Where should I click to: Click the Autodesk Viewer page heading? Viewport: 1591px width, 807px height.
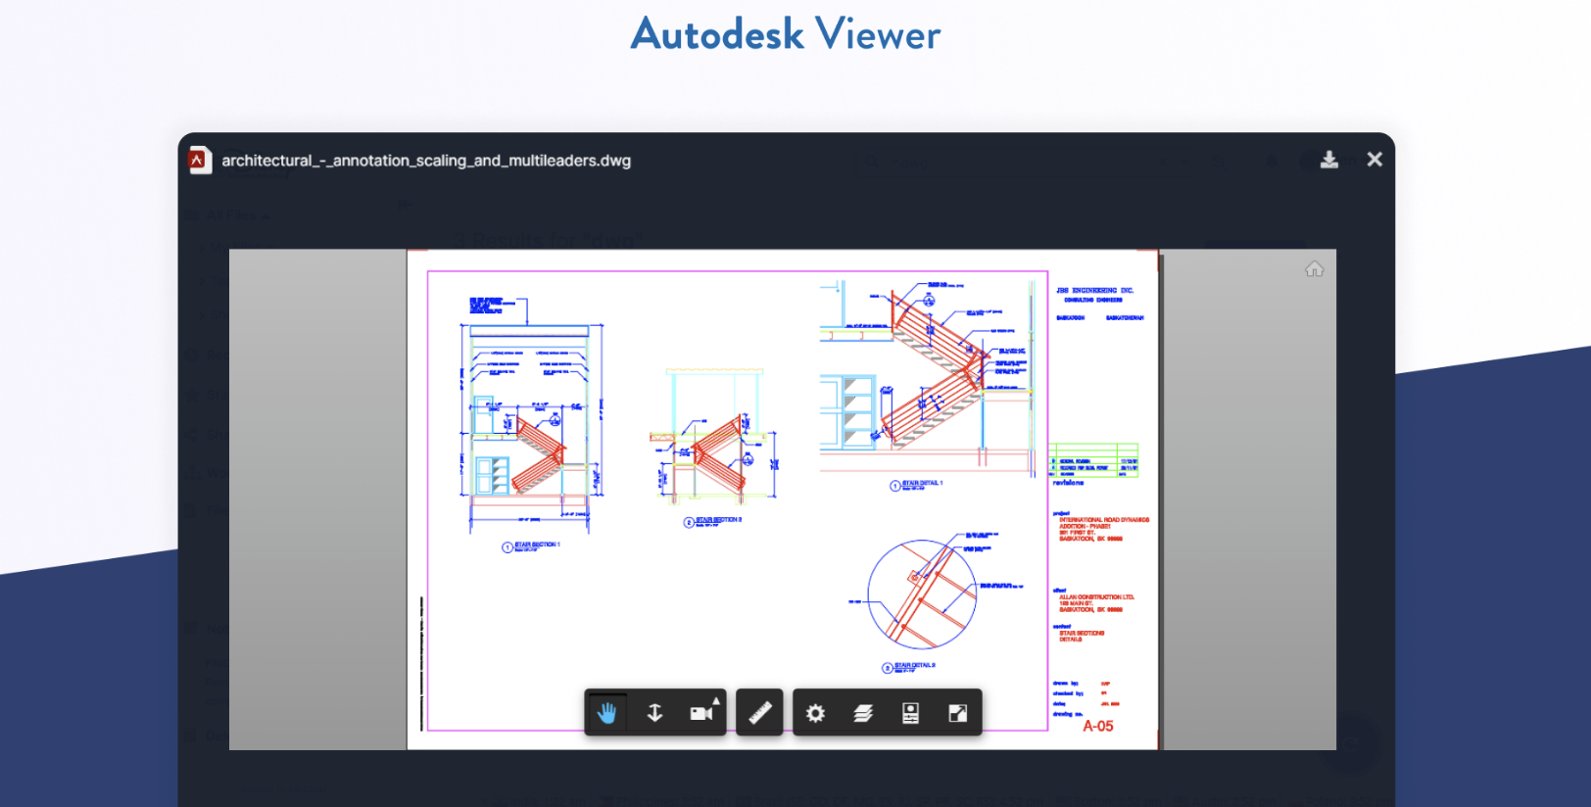(785, 34)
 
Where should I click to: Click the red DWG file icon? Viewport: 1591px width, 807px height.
(200, 160)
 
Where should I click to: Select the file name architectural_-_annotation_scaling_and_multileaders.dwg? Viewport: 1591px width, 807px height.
(426, 161)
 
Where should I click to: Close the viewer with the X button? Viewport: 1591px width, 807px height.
(1374, 160)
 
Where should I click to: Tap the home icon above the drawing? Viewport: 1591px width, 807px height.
(1314, 269)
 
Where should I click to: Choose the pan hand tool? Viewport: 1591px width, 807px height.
(607, 713)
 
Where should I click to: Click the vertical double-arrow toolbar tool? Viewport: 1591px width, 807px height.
(654, 713)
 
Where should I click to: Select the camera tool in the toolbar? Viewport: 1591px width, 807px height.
(702, 713)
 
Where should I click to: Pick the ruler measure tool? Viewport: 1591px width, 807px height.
(760, 713)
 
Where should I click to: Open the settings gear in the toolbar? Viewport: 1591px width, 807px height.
(815, 713)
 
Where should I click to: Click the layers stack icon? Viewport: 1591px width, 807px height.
(863, 713)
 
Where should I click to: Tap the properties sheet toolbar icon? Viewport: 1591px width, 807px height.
(910, 713)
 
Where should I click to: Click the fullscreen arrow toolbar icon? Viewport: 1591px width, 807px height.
(958, 713)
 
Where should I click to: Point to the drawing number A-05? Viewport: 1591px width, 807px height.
(1097, 727)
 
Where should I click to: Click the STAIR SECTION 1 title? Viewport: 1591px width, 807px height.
(537, 545)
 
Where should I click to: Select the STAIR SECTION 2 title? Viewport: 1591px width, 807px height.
(718, 520)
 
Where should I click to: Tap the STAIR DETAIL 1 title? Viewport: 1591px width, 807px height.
(921, 484)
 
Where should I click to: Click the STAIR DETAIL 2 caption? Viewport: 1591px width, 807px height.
(914, 666)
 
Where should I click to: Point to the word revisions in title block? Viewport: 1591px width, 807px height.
(1068, 483)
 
